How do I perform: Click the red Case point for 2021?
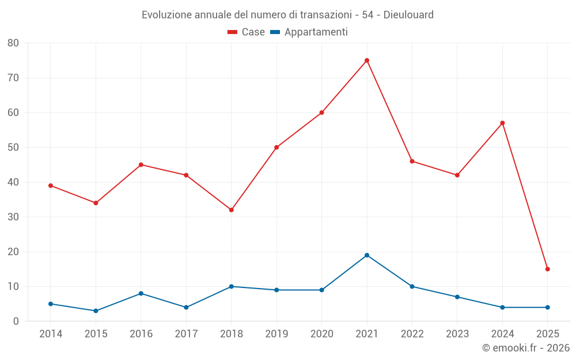point(367,60)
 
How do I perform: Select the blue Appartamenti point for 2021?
point(367,255)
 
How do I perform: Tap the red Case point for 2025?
point(548,269)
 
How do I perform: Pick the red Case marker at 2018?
point(232,210)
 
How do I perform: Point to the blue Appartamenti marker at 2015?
point(96,311)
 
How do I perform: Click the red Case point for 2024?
point(502,123)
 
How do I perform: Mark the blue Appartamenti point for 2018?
point(232,286)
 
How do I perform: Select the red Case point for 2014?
point(51,185)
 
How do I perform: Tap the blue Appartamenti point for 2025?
point(548,308)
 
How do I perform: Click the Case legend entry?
point(246,32)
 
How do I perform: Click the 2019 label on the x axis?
point(276,334)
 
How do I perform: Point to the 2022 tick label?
point(412,334)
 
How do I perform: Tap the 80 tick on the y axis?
point(13,43)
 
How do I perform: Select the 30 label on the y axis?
point(13,217)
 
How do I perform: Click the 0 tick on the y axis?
point(16,321)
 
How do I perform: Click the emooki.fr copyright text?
point(526,348)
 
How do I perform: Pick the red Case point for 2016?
point(141,165)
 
